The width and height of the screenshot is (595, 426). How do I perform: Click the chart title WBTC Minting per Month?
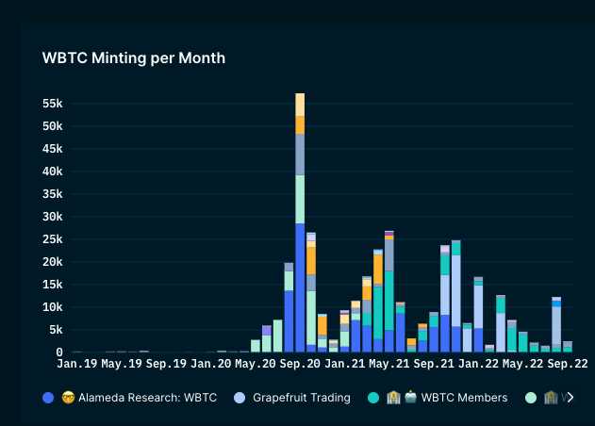click(x=133, y=58)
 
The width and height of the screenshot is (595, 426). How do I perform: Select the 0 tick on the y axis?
click(x=58, y=352)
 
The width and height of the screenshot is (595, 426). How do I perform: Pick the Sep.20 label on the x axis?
click(x=301, y=363)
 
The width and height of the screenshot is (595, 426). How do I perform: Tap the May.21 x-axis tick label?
click(x=389, y=363)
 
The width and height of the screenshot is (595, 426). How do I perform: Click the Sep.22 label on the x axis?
click(x=569, y=363)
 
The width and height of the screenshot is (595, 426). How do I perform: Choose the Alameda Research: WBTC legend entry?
click(x=138, y=398)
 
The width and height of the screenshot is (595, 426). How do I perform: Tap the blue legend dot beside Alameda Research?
click(x=48, y=398)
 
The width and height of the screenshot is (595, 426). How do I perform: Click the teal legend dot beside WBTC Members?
click(x=373, y=398)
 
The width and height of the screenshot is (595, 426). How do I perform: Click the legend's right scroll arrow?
click(x=570, y=398)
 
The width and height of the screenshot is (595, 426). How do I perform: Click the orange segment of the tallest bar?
click(x=300, y=124)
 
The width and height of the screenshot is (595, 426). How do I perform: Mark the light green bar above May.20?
click(x=256, y=346)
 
